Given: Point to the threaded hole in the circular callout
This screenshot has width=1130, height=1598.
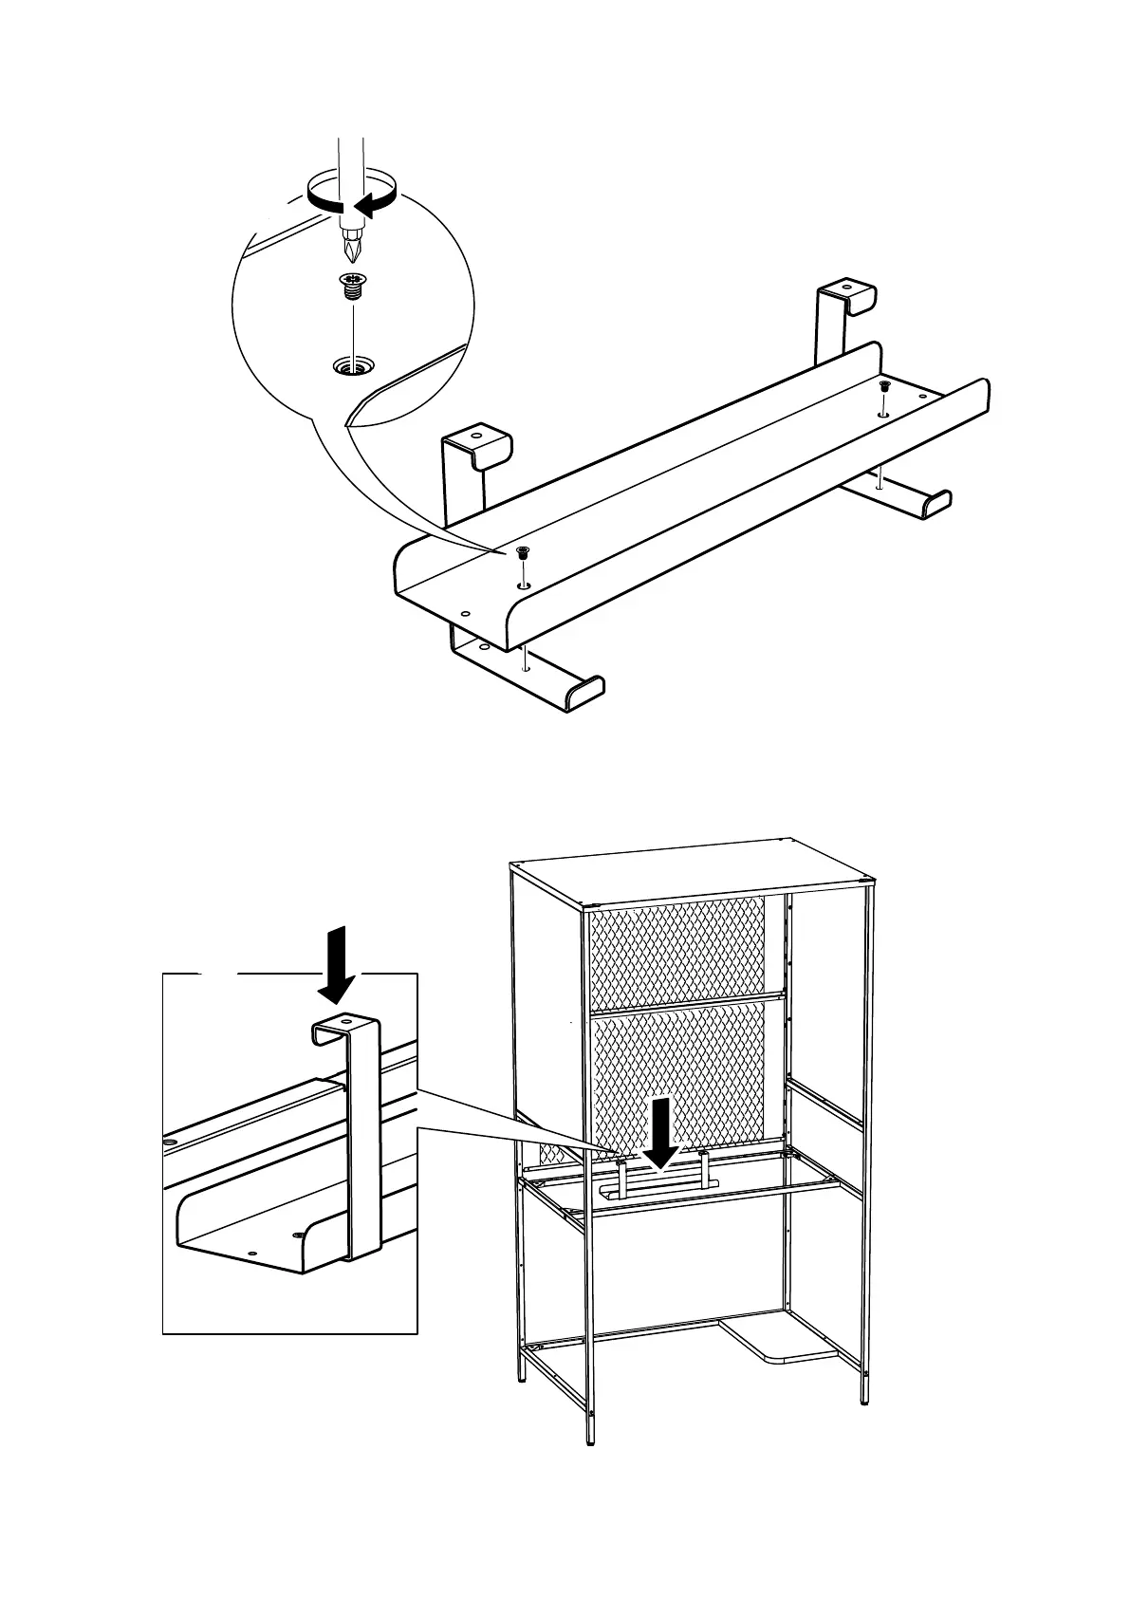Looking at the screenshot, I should tap(352, 364).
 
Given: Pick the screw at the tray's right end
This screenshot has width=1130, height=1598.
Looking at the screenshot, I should tap(883, 386).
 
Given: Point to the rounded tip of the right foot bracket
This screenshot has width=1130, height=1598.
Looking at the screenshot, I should tap(935, 501).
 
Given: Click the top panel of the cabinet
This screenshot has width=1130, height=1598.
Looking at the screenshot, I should tap(693, 867).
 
